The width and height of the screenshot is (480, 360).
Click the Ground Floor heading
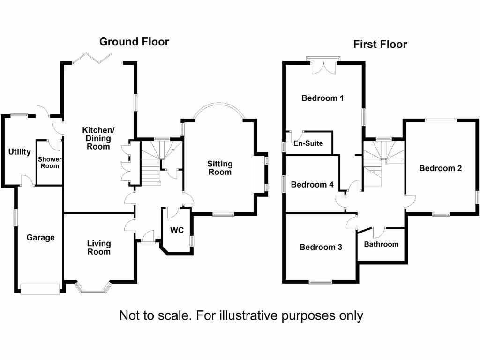[x=134, y=42]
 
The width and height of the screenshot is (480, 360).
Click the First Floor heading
[x=380, y=45]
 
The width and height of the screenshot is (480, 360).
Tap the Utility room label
[x=19, y=152]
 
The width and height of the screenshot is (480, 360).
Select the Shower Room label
[x=50, y=162]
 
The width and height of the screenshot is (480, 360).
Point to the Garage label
[x=40, y=238]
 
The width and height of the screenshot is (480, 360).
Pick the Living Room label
[x=99, y=247]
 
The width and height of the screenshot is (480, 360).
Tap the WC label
[x=176, y=231]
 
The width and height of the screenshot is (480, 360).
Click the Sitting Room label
[x=220, y=168]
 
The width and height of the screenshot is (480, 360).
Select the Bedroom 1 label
[x=322, y=98]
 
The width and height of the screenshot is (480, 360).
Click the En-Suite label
[x=308, y=143]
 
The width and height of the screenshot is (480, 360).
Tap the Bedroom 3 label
[x=321, y=247]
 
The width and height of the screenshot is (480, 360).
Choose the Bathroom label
[x=381, y=244]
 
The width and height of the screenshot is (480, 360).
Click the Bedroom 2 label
[x=441, y=168]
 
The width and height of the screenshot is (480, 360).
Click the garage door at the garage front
[x=40, y=288]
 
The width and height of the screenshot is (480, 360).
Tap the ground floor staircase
[x=152, y=164]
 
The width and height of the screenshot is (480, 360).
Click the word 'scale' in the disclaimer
[x=172, y=315]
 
